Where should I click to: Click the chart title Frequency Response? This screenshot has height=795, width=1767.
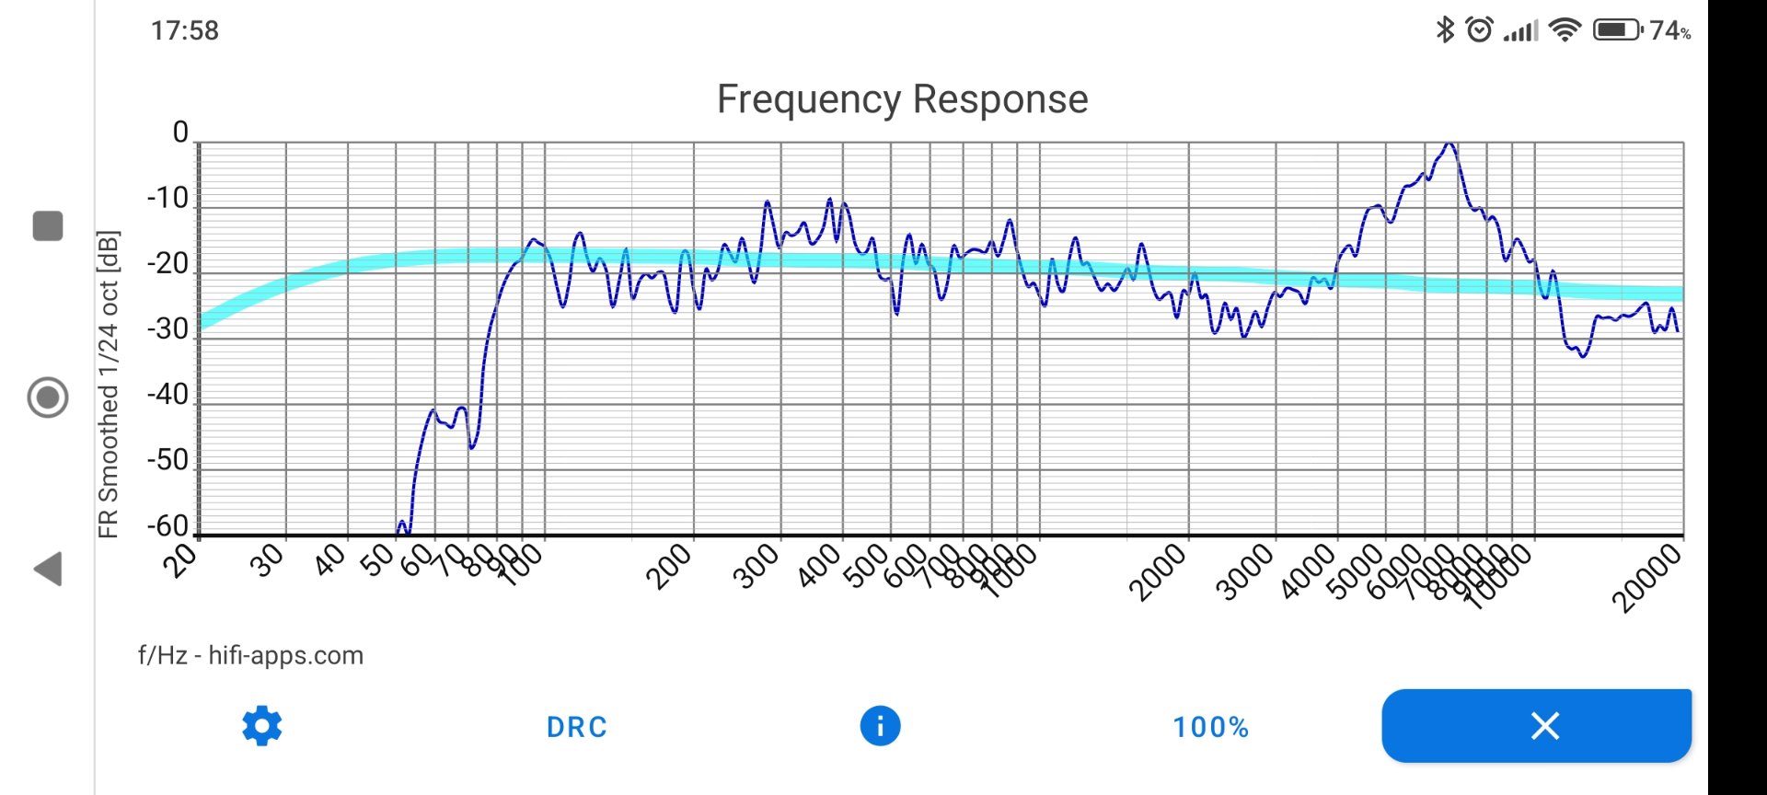point(902,99)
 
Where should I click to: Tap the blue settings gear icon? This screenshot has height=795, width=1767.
point(262,726)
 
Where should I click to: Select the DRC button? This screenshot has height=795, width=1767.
point(577,727)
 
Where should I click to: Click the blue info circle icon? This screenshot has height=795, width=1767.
point(880,726)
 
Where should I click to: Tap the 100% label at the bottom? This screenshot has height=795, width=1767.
point(1210,727)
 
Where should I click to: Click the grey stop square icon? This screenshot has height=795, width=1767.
point(48,225)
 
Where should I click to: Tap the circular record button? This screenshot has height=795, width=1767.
point(48,397)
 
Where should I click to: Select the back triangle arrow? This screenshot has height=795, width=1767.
point(48,569)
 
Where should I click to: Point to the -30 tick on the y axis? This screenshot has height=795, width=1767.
point(168,329)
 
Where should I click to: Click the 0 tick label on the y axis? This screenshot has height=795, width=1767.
point(180,132)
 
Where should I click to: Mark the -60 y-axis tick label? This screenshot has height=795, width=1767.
point(168,525)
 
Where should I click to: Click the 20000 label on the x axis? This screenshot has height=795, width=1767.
point(1646,578)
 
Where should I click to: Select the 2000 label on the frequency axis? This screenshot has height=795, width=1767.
point(1158,571)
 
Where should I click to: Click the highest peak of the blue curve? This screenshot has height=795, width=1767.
point(1449,144)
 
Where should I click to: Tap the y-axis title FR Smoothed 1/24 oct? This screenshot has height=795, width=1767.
point(109,384)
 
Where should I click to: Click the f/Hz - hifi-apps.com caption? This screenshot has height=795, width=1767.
point(250,655)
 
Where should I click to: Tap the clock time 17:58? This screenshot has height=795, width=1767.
point(185,30)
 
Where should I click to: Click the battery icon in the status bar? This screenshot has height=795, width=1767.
point(1617,30)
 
